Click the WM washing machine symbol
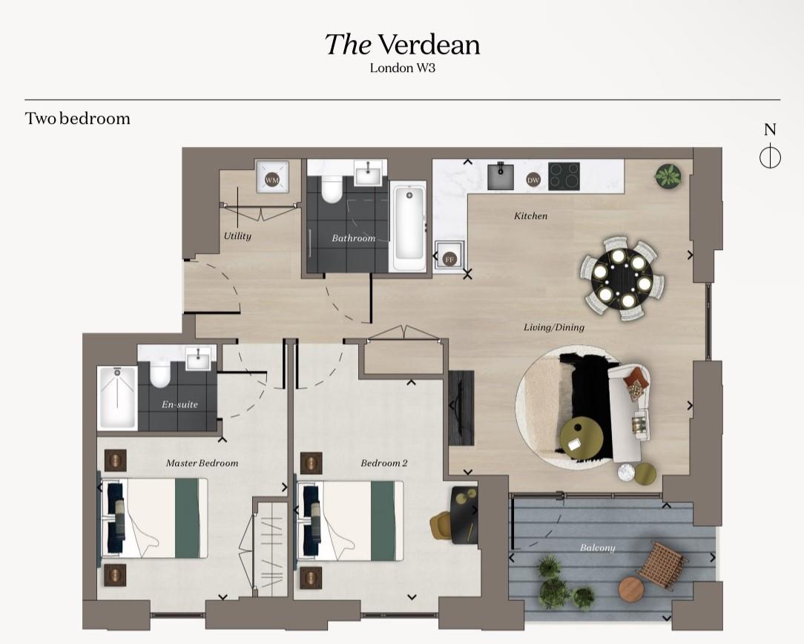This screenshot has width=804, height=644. click(x=271, y=180)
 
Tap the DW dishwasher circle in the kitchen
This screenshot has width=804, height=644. click(x=533, y=180)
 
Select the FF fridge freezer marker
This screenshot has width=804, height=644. click(x=449, y=259)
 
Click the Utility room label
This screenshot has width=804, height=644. click(x=237, y=236)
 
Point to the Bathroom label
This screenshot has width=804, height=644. click(x=353, y=238)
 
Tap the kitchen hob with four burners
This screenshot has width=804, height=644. click(x=564, y=177)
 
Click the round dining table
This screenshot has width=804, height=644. click(x=622, y=278)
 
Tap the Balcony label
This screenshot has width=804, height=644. click(x=597, y=548)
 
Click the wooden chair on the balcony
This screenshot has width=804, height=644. click(x=662, y=565)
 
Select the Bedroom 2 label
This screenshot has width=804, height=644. click(x=384, y=463)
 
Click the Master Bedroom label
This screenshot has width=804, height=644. click(x=202, y=463)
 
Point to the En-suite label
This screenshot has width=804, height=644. click(x=179, y=405)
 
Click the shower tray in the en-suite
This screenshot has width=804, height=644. click(x=117, y=398)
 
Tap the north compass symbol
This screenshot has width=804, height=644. click(x=770, y=157)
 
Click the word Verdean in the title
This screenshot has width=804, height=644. click(x=429, y=45)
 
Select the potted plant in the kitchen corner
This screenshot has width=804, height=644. click(x=667, y=176)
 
